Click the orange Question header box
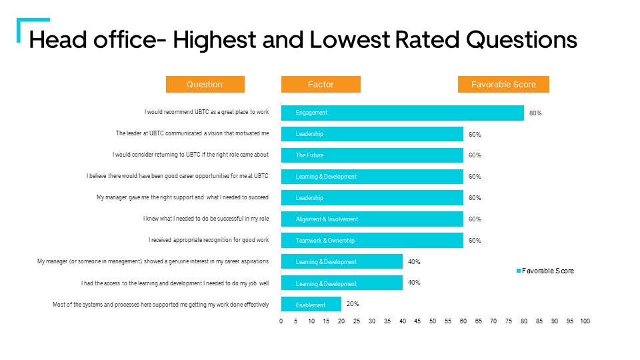coord(205,84)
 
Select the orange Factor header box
coord(321,84)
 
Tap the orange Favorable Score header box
coord(503,84)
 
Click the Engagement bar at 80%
coord(402,113)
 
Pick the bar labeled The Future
coord(372,155)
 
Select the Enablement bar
coord(311,305)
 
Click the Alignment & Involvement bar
coord(372,219)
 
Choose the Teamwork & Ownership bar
coord(372,240)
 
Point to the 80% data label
coord(535,113)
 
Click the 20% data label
coord(353,303)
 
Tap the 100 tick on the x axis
coord(585,321)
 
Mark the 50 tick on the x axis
coord(433,321)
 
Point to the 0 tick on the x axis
coord(281,321)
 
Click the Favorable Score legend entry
coord(545,271)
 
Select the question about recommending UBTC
coord(207,113)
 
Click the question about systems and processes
coord(161,305)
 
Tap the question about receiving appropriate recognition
coord(209,240)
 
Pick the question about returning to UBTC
coord(191,155)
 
